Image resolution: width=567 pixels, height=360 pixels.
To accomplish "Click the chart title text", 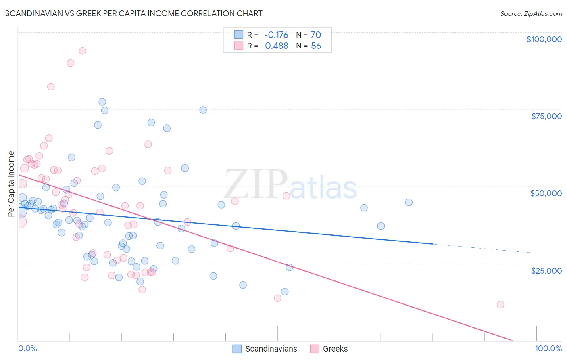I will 134,13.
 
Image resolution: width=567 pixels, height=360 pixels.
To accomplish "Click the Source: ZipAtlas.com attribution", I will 531,13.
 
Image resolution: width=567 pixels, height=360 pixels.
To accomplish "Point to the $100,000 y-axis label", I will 544,39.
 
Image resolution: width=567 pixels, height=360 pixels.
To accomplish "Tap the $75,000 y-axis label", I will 546,116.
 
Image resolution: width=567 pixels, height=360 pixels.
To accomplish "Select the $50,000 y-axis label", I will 546,193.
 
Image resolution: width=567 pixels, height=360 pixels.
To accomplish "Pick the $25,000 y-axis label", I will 546,270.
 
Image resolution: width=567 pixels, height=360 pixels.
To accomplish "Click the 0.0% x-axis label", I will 27,348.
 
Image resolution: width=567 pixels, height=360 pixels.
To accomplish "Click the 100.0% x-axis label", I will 548,348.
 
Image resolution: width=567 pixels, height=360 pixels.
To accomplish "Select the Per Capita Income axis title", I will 11,184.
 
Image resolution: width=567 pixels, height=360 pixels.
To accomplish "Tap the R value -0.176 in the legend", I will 276,35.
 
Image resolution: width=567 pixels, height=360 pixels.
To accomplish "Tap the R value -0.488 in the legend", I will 275,46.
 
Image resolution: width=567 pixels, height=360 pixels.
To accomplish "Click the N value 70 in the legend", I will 316,35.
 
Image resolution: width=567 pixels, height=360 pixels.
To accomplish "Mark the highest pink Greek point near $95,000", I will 82,51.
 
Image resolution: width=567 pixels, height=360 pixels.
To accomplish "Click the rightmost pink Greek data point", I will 500,305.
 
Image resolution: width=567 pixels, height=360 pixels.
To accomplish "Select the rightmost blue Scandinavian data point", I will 409,203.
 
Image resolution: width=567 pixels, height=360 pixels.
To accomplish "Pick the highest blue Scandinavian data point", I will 102,102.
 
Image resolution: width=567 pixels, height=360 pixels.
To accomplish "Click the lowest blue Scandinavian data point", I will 285,291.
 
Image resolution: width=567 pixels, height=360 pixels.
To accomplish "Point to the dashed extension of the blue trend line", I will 484,249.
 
